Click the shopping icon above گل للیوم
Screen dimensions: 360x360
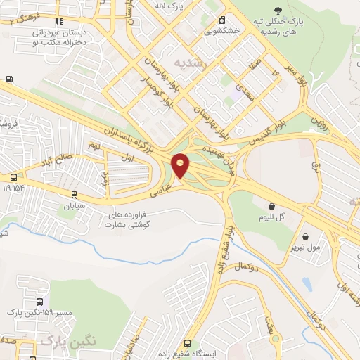pos(272,205)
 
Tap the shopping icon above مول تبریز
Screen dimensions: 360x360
pos(305,236)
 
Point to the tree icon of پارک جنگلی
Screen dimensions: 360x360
pos(279,11)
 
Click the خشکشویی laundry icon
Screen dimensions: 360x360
pos(222,19)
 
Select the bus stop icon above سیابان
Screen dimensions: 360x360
pos(75,195)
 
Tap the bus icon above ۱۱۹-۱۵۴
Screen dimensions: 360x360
pos(13,177)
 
